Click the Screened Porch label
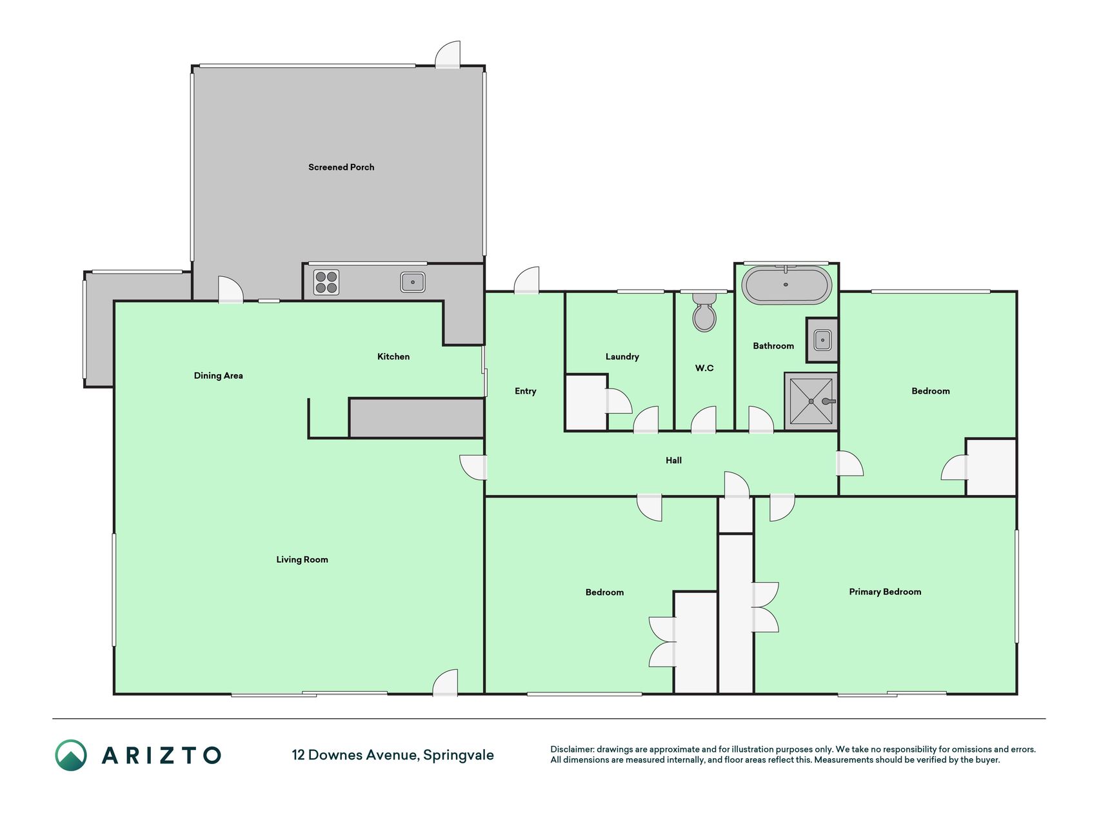341,167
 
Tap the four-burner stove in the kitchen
326,283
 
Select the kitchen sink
413,282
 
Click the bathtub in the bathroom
786,285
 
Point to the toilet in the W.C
704,312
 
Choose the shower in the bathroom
811,401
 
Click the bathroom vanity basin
822,339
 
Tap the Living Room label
302,559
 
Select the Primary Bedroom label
885,592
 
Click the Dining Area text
218,376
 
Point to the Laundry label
622,357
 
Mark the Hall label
673,460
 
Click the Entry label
525,391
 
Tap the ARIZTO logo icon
71,755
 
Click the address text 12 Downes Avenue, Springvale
393,755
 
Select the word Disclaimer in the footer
571,749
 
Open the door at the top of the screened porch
448,54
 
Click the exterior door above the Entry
526,281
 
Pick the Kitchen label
393,356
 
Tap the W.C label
704,368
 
